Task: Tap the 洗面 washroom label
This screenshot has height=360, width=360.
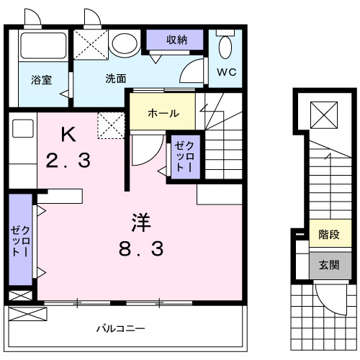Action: click(116, 78)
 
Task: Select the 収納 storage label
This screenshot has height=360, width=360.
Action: click(177, 40)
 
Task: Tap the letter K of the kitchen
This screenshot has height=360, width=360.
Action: click(68, 134)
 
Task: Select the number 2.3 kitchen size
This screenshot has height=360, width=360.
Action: click(68, 160)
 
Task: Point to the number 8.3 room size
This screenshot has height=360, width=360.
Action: click(140, 249)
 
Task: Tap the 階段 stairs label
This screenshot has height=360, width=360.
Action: click(329, 234)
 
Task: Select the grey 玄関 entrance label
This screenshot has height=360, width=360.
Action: click(329, 263)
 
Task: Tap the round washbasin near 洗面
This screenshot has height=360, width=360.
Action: click(127, 45)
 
